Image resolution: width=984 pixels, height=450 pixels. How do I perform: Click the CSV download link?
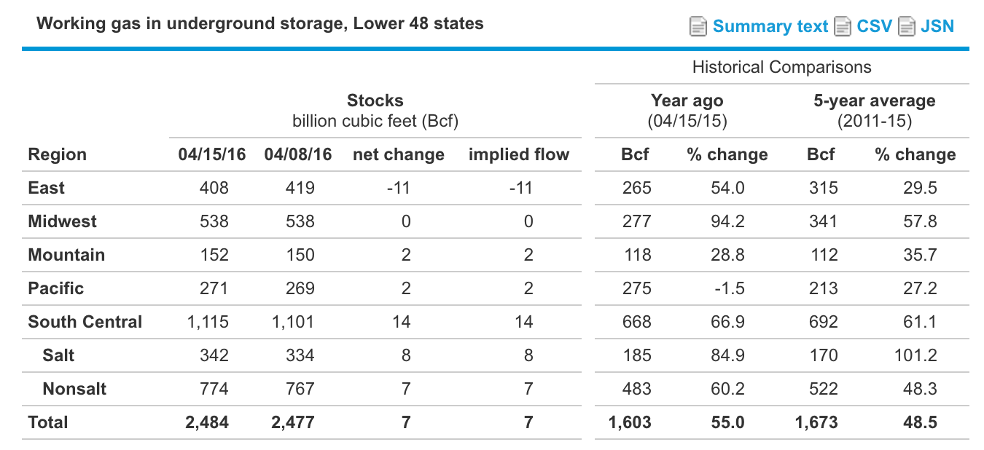click(x=874, y=27)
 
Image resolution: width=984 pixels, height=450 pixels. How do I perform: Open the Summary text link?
click(x=770, y=27)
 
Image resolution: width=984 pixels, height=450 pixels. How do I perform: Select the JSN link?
click(x=937, y=27)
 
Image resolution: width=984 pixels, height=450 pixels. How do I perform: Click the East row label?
click(x=46, y=188)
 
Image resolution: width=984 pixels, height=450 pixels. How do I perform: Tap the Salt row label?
click(x=58, y=355)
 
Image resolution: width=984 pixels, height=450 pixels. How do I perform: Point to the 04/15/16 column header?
click(x=212, y=154)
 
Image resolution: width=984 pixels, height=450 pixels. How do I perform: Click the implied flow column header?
click(x=519, y=154)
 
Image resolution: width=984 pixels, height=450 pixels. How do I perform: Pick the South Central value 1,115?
click(x=208, y=322)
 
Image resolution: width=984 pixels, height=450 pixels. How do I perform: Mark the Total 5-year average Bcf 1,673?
click(x=817, y=422)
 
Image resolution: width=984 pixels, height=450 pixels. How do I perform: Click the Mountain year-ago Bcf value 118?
click(x=637, y=255)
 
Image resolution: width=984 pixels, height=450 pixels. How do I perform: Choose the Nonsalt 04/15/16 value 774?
click(x=214, y=389)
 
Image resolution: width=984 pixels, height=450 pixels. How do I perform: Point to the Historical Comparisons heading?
click(x=781, y=68)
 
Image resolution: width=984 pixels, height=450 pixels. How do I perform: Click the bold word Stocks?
click(x=375, y=100)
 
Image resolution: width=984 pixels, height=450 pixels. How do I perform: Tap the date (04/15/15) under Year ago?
click(x=687, y=121)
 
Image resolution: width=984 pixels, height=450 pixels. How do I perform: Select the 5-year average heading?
click(x=874, y=100)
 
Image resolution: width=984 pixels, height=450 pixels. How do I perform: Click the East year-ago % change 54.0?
click(x=727, y=188)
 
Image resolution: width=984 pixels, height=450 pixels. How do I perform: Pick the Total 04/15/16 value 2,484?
click(x=208, y=422)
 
